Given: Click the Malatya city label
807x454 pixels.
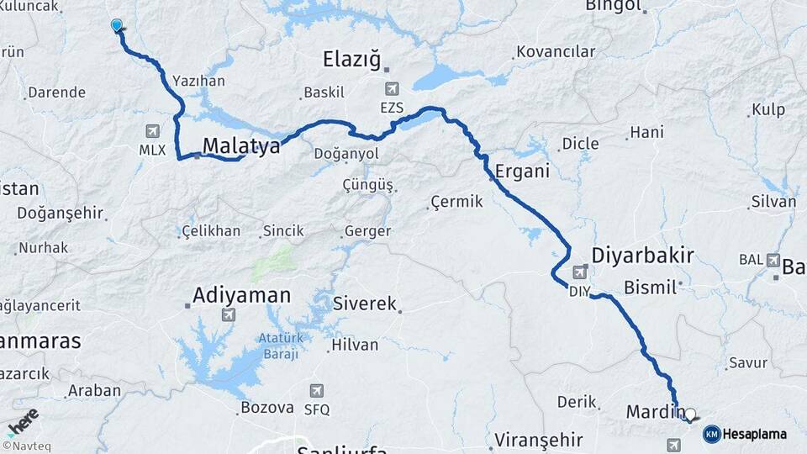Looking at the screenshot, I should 240,145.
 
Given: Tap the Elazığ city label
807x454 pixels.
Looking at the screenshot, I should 351,59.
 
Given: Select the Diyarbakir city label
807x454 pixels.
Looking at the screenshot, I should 643,255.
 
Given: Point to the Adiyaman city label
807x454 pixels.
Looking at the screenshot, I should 241,295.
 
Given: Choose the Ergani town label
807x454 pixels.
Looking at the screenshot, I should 523,171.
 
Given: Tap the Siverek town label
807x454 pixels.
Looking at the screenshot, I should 364,304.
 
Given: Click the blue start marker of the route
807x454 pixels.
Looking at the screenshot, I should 117,25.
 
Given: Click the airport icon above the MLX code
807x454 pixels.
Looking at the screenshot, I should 152,130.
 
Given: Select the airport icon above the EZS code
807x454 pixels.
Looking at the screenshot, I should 392,88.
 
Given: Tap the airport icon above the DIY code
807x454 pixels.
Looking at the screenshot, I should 580,272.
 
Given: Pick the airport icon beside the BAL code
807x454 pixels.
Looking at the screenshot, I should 773,260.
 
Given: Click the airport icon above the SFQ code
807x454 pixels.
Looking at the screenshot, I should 316,391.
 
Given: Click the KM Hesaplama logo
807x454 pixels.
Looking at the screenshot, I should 745,434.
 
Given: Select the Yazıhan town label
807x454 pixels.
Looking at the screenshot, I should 198,82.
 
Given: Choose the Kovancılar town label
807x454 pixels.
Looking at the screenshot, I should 556,52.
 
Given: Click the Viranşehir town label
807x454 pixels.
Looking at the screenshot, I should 539,439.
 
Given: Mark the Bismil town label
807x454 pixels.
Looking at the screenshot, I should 650,288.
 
